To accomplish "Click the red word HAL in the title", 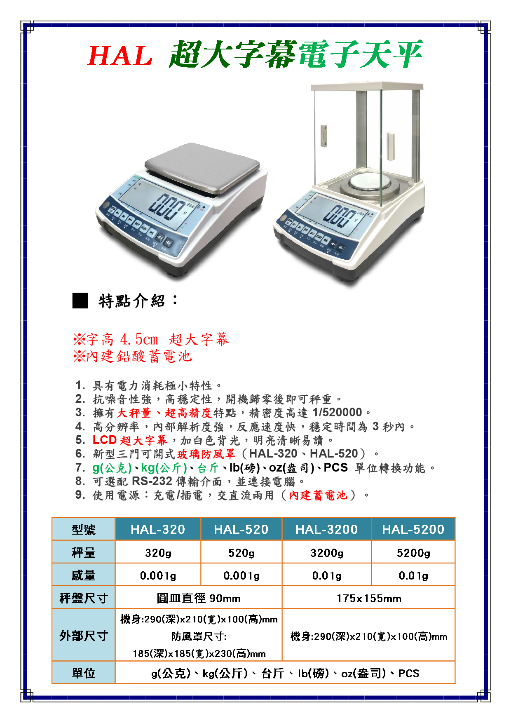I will coord(120,56).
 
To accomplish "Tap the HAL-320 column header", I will coord(158,529).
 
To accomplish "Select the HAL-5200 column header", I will coord(413,529).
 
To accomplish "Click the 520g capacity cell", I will coord(241,553).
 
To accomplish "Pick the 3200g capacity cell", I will coord(327,553).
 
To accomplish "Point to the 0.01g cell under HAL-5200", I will coord(413,575).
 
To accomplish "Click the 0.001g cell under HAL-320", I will coord(158,575).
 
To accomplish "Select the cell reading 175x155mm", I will coord(368,598).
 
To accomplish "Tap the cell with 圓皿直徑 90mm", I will coord(199,598).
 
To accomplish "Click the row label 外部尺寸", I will coord(84,636).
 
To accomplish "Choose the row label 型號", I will coord(84,529).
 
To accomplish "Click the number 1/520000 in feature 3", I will coord(337,413).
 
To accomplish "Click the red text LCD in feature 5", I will coord(105,440).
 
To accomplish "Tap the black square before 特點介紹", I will coord(80,300).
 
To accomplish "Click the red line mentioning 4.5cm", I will coord(151,340).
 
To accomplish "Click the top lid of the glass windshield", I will coord(367,86).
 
